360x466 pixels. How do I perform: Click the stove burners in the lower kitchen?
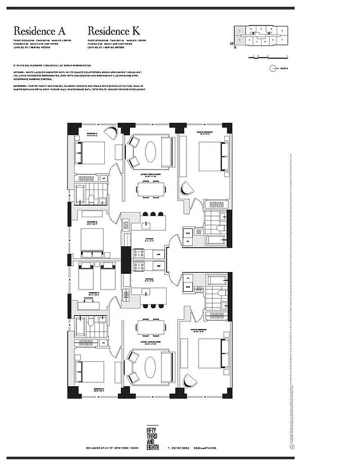click(140, 266)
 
